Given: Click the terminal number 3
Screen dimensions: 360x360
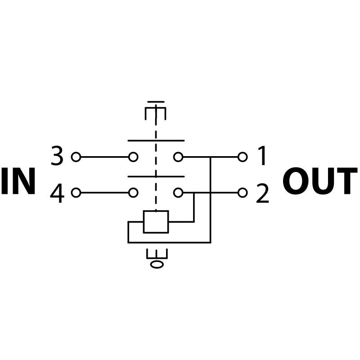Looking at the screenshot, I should click(57, 157).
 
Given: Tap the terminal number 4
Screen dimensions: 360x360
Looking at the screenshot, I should click(57, 193).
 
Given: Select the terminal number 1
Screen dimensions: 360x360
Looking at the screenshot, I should click(262, 157).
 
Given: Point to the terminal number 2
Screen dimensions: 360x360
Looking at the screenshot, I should click(262, 193).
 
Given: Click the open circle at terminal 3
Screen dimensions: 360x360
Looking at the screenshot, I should click(76, 157).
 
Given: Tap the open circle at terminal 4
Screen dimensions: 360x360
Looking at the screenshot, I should click(76, 193).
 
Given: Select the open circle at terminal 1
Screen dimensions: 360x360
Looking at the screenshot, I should click(243, 157).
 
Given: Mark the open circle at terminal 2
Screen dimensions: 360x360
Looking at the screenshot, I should click(243, 193).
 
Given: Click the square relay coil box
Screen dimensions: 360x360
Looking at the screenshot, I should click(156, 221).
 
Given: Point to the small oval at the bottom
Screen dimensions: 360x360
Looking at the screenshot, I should click(157, 264).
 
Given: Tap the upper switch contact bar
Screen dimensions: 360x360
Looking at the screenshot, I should click(156, 140).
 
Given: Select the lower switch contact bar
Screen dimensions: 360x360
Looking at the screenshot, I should click(156, 176).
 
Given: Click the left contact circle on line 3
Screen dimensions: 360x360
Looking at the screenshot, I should click(133, 157).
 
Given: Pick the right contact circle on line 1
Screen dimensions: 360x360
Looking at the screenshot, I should click(178, 157).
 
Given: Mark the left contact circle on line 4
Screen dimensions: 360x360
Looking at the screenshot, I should click(133, 193).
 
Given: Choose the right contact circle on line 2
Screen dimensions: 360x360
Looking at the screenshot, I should click(178, 193).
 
